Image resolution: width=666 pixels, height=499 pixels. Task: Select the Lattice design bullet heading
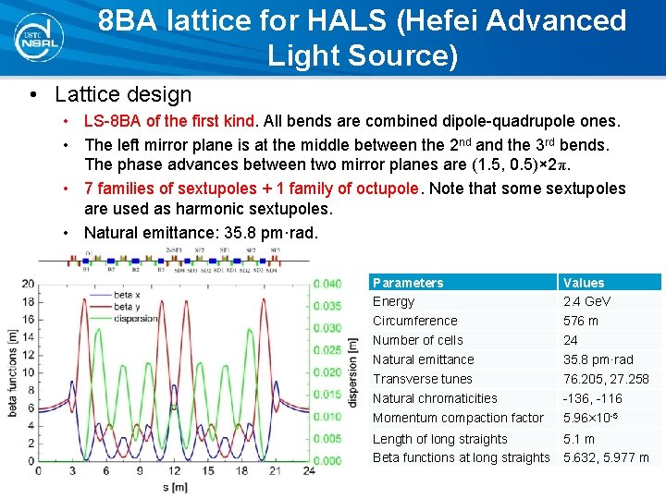[123, 94]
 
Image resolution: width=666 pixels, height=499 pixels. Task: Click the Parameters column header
[408, 283]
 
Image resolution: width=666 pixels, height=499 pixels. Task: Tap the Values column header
[584, 283]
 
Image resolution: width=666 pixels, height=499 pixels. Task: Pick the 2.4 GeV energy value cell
[586, 301]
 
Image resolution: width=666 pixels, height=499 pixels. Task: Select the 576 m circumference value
[581, 321]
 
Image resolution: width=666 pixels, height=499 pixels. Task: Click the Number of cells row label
[418, 340]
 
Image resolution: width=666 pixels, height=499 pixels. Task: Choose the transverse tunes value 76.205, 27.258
[606, 379]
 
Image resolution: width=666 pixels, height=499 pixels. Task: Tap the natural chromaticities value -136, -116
[593, 398]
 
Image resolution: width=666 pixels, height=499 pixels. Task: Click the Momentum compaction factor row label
[458, 419]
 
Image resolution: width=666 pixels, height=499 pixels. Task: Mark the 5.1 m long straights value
[579, 439]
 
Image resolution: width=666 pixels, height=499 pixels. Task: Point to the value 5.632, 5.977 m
[606, 457]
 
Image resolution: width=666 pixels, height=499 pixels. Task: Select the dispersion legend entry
[134, 319]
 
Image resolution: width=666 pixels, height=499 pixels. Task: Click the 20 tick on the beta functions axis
[29, 284]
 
